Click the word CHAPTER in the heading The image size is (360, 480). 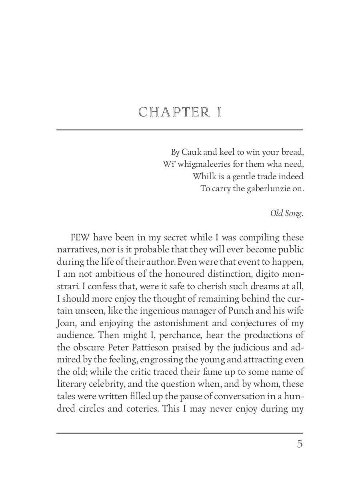(x=174, y=112)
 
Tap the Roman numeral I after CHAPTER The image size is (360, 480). (x=219, y=112)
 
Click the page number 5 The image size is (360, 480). (x=300, y=444)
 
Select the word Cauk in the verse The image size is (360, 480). (x=191, y=152)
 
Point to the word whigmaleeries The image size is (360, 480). (x=204, y=164)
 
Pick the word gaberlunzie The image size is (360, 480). (x=265, y=189)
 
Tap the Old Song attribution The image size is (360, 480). (x=287, y=213)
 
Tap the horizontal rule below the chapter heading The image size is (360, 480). (x=180, y=130)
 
